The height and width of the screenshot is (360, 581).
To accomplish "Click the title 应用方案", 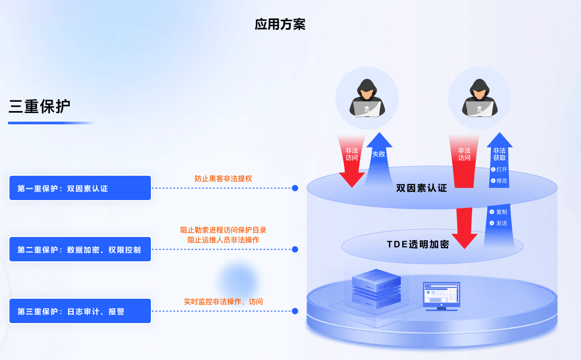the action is pos(280,24).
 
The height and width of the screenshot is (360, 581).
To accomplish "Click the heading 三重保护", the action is pos(40,106).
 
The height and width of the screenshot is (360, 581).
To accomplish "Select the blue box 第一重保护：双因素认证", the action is pos(80,188).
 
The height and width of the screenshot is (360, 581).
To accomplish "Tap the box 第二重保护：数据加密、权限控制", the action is pos(80,249).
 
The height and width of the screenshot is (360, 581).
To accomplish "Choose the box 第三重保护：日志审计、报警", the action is pos(80,311).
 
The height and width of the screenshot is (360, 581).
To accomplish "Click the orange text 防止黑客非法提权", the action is pos(223,178).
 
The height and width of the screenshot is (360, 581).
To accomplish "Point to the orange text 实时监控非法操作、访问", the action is pos(223,301).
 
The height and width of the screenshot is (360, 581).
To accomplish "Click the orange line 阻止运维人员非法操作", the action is pos(223,240).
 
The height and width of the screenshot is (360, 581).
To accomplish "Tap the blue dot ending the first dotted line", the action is pos(295,188).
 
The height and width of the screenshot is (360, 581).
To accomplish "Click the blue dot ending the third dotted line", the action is pos(295,311).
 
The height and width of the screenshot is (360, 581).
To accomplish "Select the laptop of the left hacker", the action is pos(367,109).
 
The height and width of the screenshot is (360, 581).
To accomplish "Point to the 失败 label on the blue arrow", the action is pos(379,154).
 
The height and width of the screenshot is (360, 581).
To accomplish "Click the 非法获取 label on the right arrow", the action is pos(499,154).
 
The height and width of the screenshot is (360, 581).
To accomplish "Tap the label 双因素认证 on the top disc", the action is pos(422,188).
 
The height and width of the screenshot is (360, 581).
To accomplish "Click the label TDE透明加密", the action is pos(418,244).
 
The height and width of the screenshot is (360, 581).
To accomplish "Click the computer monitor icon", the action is pos(441,296).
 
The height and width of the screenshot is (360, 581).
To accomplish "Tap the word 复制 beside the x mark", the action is pos(502,212).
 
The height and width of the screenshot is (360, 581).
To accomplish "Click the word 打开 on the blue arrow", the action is pos(502,169).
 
